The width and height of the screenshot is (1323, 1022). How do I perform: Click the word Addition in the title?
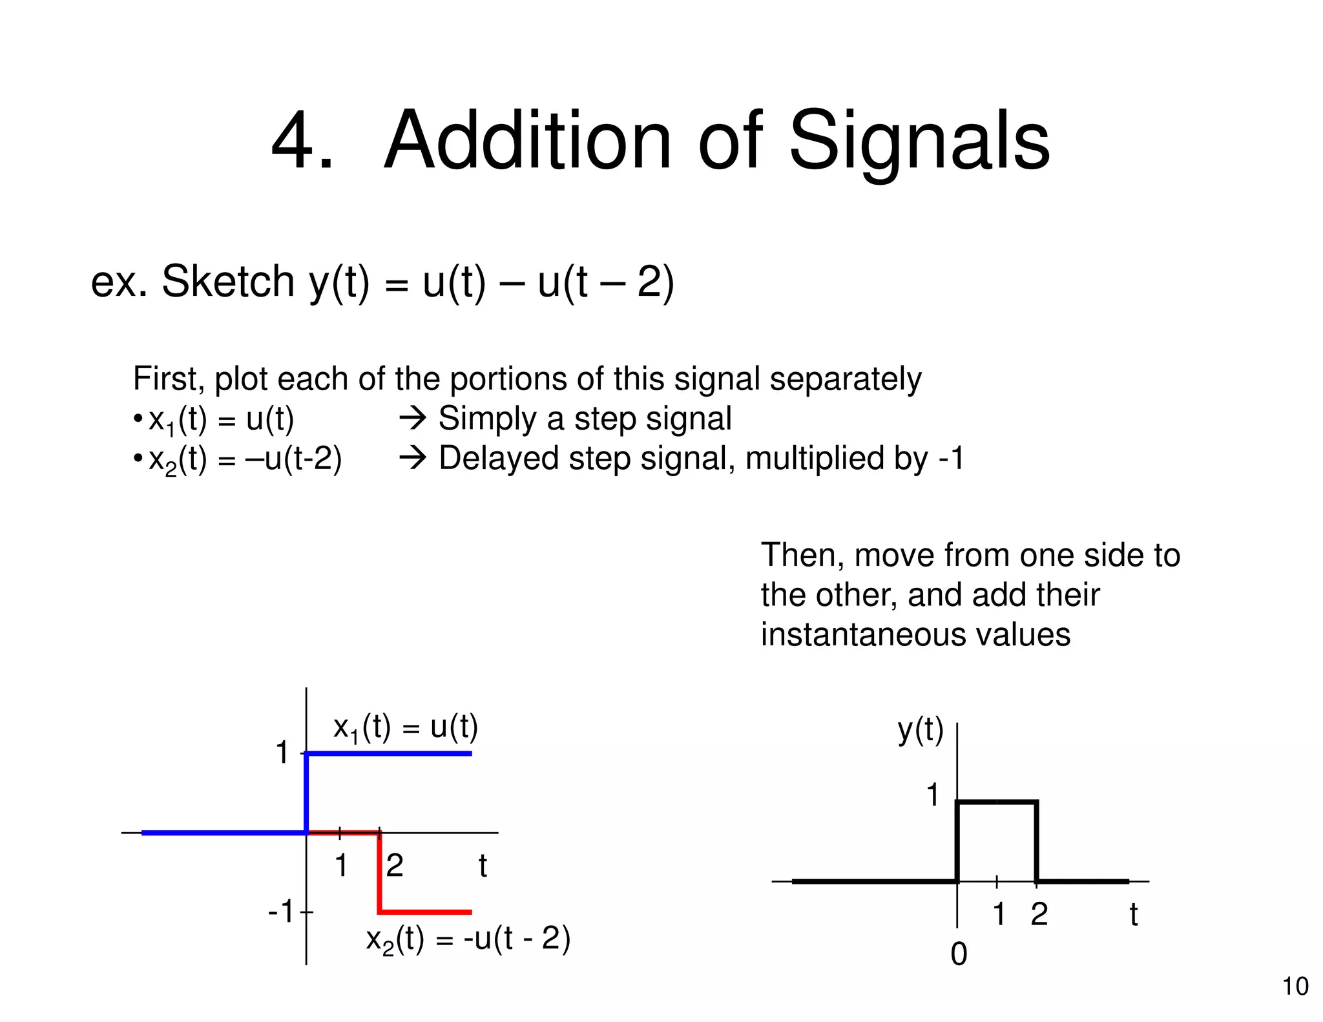tap(528, 141)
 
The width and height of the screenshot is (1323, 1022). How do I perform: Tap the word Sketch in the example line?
tap(227, 282)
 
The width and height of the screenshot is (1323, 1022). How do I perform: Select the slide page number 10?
tap(1295, 986)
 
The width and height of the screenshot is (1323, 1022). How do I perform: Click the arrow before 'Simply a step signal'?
tap(413, 419)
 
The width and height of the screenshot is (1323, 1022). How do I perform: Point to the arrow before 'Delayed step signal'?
tap(413, 459)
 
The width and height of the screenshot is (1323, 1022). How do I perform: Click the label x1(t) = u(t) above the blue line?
tap(405, 728)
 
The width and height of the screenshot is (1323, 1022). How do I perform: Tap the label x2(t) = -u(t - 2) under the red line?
tap(468, 940)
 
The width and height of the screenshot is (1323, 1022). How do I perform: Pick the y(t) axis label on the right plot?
tap(920, 731)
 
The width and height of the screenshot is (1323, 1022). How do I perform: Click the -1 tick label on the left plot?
tap(282, 912)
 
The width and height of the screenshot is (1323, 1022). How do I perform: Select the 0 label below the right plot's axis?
tap(959, 954)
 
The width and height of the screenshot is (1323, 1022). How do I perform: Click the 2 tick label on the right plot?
tap(1039, 914)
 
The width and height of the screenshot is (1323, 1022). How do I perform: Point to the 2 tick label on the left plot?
tap(394, 866)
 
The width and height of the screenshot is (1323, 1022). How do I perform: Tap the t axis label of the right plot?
tap(1133, 915)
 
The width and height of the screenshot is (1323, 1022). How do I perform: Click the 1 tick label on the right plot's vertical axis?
tap(932, 795)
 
